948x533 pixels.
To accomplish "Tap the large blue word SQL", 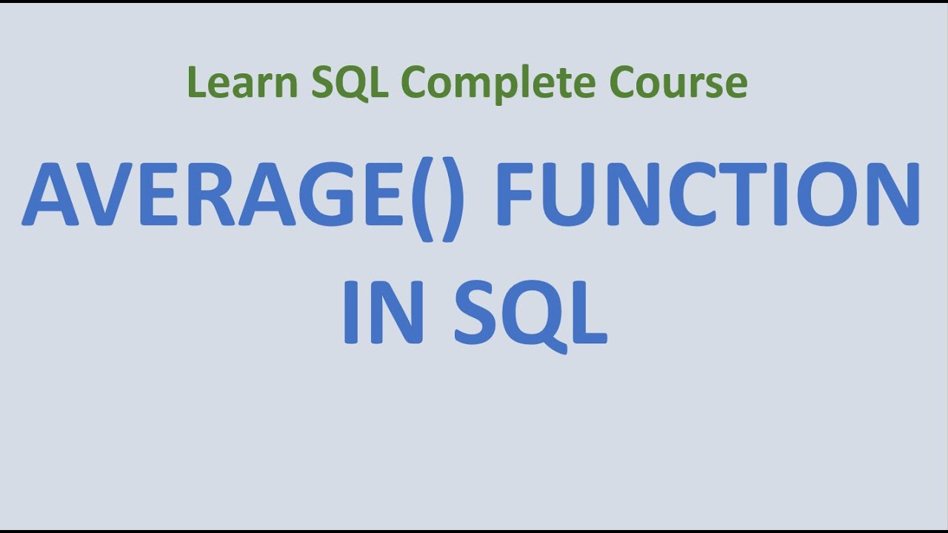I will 530,312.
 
